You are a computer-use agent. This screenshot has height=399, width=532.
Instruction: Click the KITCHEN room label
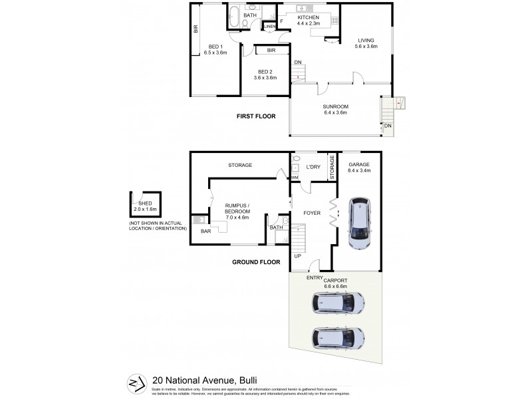pyautogui.click(x=309, y=17)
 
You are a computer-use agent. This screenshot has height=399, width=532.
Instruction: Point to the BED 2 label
pyautogui.click(x=265, y=71)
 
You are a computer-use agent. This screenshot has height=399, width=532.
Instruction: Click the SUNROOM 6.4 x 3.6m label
pyautogui.click(x=336, y=110)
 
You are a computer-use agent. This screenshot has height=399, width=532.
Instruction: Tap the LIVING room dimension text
pyautogui.click(x=367, y=47)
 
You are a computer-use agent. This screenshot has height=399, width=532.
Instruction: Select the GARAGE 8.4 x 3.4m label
pyautogui.click(x=358, y=167)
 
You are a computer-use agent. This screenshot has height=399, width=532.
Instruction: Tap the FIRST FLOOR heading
pyautogui.click(x=256, y=116)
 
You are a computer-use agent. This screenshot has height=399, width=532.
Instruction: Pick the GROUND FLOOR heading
pyautogui.click(x=256, y=262)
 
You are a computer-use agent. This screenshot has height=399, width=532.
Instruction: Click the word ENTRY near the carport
pyautogui.click(x=315, y=277)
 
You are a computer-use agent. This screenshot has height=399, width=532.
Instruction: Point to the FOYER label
pyautogui.click(x=312, y=213)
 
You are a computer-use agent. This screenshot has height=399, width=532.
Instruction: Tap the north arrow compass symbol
pyautogui.click(x=137, y=382)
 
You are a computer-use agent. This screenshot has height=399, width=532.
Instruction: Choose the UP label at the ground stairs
pyautogui.click(x=297, y=255)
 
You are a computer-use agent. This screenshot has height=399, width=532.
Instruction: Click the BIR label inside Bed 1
pyautogui.click(x=196, y=29)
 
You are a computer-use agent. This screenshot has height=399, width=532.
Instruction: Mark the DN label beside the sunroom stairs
pyautogui.click(x=387, y=126)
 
